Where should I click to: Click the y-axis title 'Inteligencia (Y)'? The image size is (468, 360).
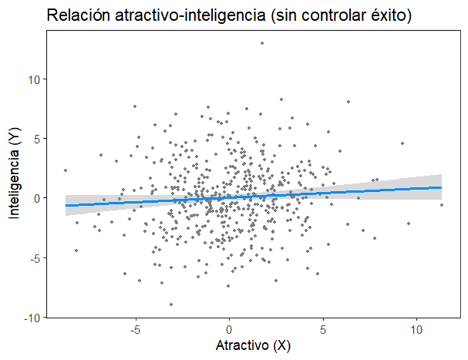point(14,174)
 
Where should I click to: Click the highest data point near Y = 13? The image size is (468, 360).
point(262,43)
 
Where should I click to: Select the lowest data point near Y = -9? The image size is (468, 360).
point(171,305)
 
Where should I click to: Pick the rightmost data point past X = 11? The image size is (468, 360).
point(441,205)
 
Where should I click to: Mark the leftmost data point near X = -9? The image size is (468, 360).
point(65,170)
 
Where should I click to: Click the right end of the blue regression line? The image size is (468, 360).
point(441,187)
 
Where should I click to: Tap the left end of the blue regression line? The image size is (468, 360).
point(65,205)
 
